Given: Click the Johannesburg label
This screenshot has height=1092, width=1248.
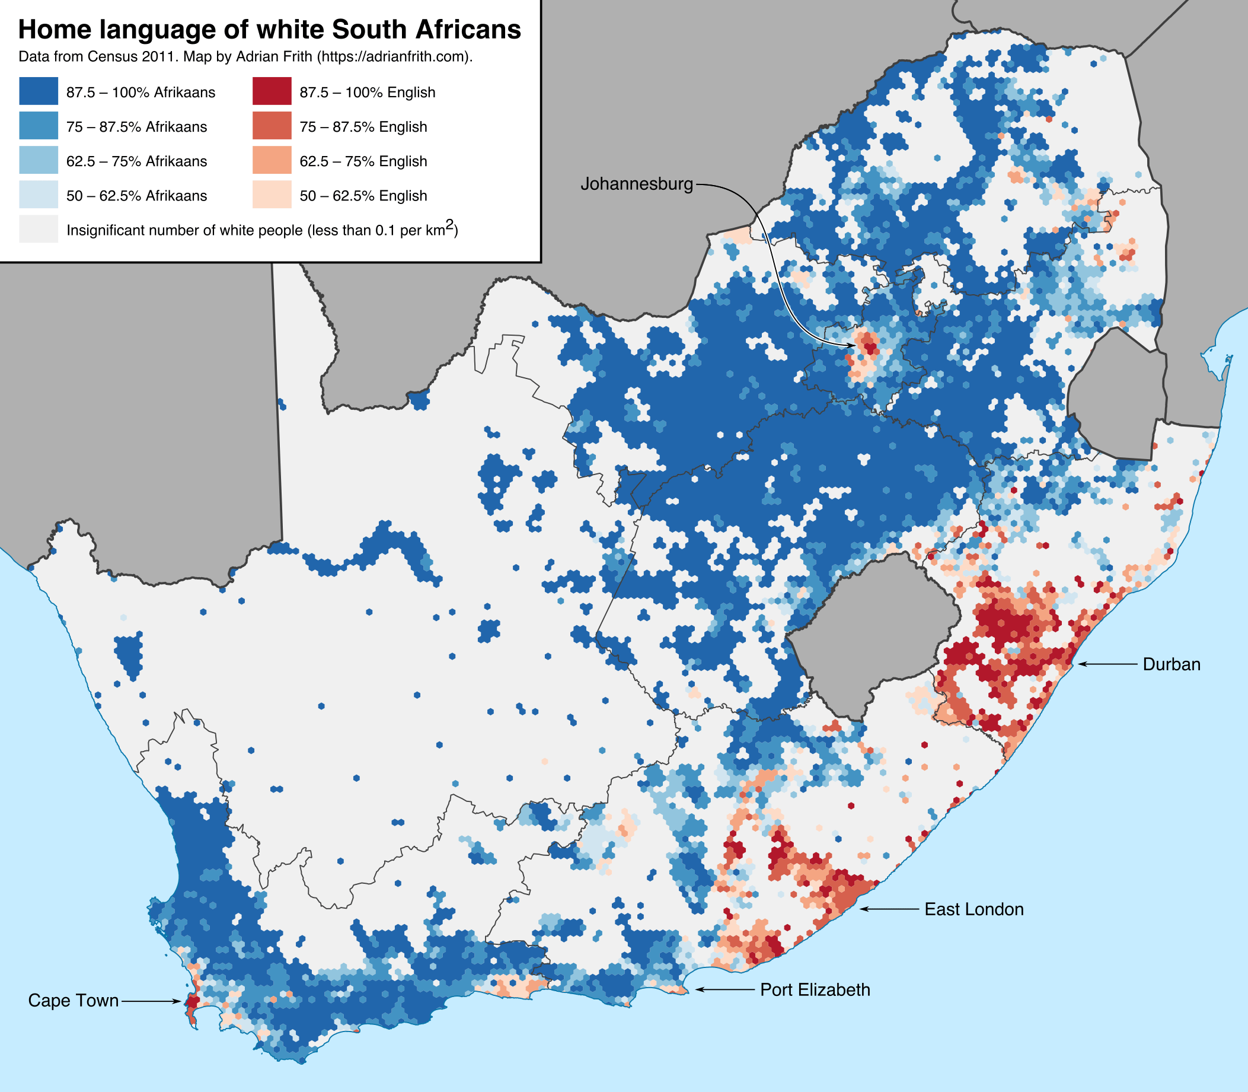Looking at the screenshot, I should pos(637,183).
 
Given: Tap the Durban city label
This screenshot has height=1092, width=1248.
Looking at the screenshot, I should pos(1172,664).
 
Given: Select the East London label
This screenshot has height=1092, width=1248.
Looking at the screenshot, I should pos(973,909).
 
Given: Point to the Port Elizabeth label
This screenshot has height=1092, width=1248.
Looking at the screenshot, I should pos(815,989).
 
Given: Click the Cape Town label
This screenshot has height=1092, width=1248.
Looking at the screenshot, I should pos(73,1001).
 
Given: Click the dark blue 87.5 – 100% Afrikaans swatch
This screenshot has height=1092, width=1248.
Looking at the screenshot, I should pos(39,91).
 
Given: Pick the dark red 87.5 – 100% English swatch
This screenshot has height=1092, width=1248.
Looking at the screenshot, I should pos(272,91).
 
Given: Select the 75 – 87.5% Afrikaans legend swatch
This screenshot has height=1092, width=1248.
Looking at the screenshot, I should pos(39,126).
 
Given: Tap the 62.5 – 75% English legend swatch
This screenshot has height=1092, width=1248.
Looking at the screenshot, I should pos(272,161).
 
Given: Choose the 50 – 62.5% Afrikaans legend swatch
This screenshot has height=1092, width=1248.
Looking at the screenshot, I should pos(39,195).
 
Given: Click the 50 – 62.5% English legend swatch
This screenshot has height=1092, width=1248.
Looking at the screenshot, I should pos(272,195).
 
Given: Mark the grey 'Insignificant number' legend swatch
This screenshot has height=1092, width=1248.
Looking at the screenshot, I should pos(39,229).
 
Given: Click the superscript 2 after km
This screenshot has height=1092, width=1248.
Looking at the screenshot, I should pos(449,225).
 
